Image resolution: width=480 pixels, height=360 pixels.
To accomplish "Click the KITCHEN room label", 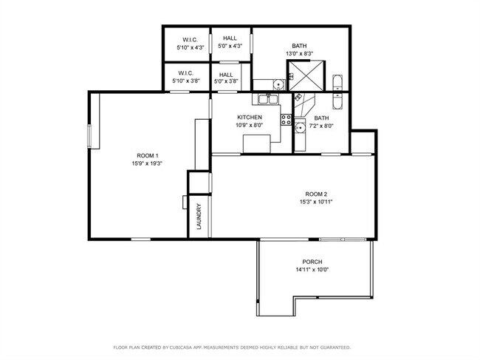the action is click(250, 118).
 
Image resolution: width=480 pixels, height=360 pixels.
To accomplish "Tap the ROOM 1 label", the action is click(147, 156).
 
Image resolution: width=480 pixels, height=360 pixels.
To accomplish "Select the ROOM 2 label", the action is click(316, 194).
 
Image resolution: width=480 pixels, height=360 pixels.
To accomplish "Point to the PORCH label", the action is click(312, 262).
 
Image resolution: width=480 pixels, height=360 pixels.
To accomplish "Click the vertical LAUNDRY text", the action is click(199, 217).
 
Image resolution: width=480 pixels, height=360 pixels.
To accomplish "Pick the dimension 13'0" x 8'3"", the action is click(299, 54).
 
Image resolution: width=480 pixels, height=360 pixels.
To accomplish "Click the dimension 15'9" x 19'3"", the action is click(147, 163).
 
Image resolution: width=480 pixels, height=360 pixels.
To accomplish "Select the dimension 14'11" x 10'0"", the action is click(312, 270).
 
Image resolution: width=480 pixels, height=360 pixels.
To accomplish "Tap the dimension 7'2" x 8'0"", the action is click(321, 126).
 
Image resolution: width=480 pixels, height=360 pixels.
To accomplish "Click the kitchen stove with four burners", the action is click(287, 120).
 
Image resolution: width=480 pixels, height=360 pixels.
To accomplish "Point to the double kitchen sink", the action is click(268, 99).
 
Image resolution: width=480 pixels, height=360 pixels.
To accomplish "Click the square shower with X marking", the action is click(305, 75).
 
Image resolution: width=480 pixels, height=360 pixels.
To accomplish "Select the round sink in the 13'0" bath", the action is click(278, 84).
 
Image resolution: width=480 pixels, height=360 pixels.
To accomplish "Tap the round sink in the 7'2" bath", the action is click(300, 127).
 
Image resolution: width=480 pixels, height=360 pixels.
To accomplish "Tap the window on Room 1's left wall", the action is click(89, 136).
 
